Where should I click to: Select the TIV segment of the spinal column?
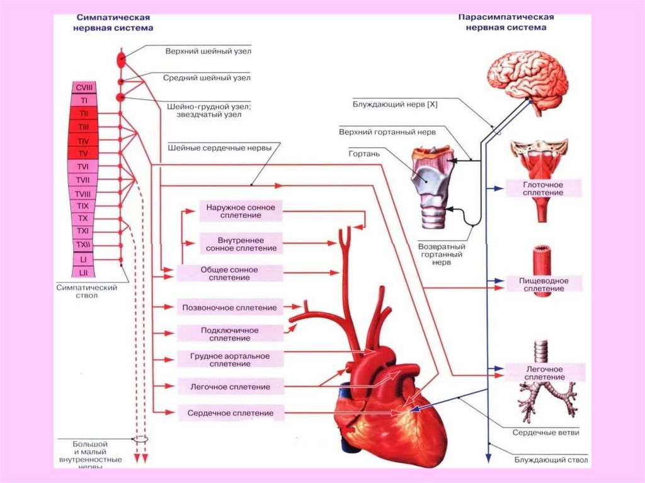pos(83,140)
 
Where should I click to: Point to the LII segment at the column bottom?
pos(83,272)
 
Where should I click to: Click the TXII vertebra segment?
pos(83,244)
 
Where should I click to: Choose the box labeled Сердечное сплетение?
pos(230,414)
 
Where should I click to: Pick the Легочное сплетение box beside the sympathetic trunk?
pos(230,387)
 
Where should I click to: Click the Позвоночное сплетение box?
pos(229,308)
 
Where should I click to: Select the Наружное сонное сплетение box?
pos(241,211)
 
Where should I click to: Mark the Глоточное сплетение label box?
pos(542,188)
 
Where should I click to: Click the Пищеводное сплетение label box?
pos(542,285)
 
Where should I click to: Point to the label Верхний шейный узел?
pos(203,50)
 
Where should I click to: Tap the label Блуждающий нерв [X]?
pos(395,105)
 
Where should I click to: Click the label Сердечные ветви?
pos(545,433)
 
